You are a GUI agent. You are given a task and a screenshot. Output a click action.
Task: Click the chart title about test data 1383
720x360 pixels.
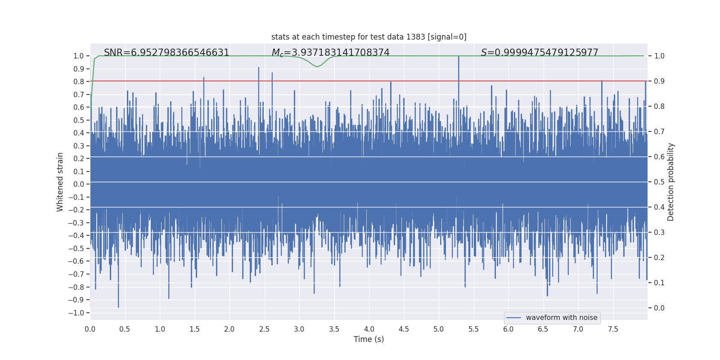tap(369, 37)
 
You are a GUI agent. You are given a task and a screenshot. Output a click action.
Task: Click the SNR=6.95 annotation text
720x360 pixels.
tap(166, 53)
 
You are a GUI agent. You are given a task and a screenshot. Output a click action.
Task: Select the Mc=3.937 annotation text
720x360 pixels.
tap(330, 53)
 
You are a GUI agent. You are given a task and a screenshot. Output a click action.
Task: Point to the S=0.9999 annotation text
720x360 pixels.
tap(539, 53)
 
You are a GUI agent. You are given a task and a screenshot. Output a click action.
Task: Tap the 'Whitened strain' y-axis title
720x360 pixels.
tap(60, 182)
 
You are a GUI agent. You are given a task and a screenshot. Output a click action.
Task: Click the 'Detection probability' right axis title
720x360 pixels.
tap(671, 182)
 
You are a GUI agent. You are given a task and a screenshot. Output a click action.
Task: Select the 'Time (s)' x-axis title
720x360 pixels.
tap(369, 339)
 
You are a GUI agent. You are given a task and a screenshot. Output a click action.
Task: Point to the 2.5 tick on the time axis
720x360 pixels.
tap(264, 329)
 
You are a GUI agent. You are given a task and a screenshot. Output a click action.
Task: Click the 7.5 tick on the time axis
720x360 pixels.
tap(613, 329)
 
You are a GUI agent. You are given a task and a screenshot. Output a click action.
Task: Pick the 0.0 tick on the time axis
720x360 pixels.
tap(90, 329)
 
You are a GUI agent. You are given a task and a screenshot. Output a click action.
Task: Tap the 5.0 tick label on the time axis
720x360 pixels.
tap(439, 329)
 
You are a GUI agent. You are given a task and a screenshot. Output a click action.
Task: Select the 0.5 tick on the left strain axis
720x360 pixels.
tap(79, 120)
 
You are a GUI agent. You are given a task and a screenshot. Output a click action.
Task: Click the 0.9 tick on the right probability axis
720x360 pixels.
tap(659, 81)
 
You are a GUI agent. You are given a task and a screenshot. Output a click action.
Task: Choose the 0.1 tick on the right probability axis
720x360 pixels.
tap(659, 283)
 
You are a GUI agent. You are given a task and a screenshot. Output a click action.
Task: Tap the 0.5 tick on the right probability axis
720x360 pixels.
tap(659, 182)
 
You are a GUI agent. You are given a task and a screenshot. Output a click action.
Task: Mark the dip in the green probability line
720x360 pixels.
tap(317, 67)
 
